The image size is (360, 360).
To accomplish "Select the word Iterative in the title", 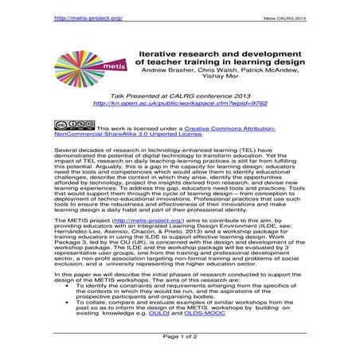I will pos(150,49).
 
